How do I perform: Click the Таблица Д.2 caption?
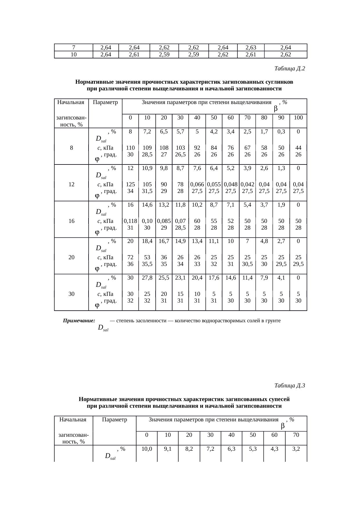289,69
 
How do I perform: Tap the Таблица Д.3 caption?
289,386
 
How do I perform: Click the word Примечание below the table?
79,321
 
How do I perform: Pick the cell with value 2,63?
251,47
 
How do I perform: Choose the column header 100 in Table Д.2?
298,117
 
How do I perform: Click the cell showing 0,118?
130,221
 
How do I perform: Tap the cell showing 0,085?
164,221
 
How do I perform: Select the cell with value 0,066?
197,184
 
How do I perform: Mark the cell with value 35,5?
147,264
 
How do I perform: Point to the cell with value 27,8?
147,278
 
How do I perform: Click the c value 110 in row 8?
130,148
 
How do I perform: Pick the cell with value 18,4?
147,241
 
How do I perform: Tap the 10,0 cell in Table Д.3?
147,449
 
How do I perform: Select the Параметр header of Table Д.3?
114,419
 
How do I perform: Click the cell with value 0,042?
247,184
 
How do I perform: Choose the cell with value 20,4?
197,278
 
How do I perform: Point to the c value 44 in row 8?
298,148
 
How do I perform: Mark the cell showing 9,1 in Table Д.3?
168,449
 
